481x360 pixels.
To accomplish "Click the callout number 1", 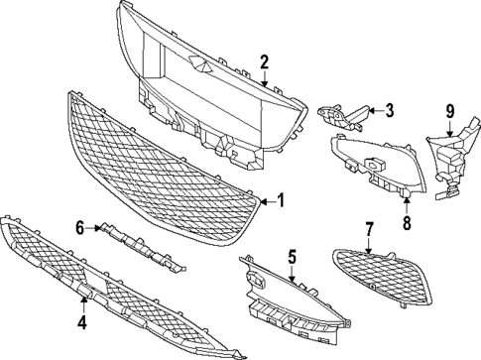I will click(281, 200).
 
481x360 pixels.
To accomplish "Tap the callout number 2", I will click(265, 62).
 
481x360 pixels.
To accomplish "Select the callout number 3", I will click(390, 110).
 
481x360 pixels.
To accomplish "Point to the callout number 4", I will click(82, 322).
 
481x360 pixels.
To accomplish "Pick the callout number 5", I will click(293, 257).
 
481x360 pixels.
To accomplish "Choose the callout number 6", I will click(80, 228).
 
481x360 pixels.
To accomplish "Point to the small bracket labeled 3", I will click(342, 117).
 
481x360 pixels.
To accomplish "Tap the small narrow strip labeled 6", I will click(139, 244).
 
